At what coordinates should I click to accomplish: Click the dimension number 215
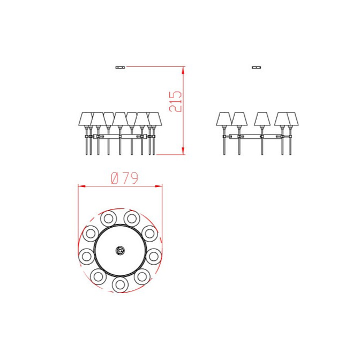175,101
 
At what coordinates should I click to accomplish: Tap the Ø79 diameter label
124,178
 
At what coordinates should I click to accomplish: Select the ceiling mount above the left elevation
120,67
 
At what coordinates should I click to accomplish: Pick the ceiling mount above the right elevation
256,67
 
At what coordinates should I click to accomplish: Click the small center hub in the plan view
120,250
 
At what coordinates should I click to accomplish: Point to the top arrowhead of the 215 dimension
183,70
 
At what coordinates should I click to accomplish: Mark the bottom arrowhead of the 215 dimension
183,151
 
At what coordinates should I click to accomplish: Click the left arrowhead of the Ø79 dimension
82,186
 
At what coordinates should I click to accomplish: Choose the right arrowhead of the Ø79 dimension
159,186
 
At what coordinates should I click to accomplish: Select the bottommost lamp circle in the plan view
120,284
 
